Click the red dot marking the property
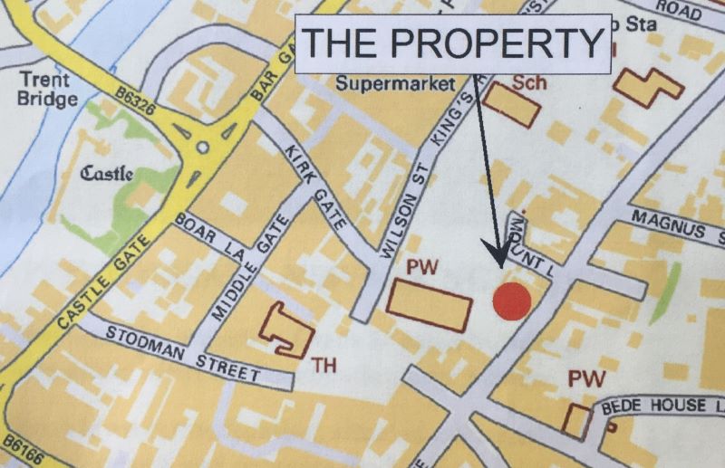pyautogui.click(x=511, y=301)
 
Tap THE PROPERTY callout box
pyautogui.click(x=454, y=42)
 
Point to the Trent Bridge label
pyautogui.click(x=48, y=89)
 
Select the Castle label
pyautogui.click(x=108, y=173)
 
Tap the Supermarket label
pyautogui.click(x=394, y=84)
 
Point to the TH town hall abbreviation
pyautogui.click(x=324, y=365)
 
